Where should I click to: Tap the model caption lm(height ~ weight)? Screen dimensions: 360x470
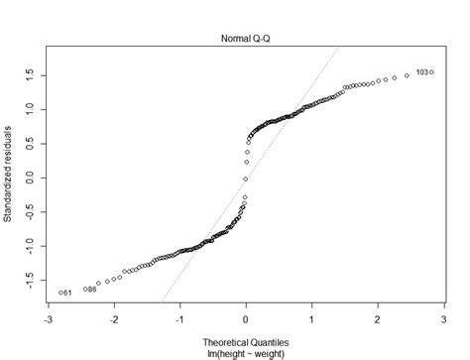pos(246,347)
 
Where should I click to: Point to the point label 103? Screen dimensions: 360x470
pos(422,72)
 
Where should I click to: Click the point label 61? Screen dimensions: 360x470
pos(66,294)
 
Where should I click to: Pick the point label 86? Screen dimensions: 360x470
pos(92,290)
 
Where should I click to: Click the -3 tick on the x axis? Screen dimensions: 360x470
pos(49,319)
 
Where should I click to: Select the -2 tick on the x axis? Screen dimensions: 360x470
pos(114,319)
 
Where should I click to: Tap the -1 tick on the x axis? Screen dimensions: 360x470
pos(179,319)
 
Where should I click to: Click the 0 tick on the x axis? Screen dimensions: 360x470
pos(246,319)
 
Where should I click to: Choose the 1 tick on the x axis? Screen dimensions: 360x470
pos(311,319)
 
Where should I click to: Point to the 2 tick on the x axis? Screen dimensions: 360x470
pos(377,319)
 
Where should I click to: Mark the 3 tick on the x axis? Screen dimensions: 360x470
pos(442,319)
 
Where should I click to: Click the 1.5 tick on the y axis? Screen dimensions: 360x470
pos(32,74)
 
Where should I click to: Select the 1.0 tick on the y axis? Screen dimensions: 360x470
pos(32,109)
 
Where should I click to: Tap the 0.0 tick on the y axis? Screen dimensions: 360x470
pos(32,179)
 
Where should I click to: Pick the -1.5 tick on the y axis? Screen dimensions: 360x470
pos(32,281)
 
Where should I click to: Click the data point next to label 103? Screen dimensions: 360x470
pos(432,71)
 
